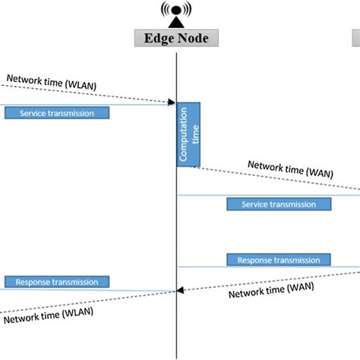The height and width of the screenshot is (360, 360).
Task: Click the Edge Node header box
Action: (176, 38)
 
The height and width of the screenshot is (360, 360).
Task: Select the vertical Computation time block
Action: (188, 133)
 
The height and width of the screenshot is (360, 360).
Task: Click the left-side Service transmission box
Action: (57, 112)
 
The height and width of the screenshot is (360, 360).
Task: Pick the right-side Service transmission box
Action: (279, 204)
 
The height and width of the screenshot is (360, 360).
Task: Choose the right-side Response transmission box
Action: (279, 260)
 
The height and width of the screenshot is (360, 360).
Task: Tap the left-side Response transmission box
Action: (57, 282)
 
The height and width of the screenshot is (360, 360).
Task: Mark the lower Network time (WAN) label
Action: (270, 291)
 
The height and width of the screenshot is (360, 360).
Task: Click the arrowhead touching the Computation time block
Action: (172, 103)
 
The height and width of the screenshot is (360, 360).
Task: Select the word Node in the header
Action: (195, 38)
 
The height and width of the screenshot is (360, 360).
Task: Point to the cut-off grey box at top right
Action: (355, 38)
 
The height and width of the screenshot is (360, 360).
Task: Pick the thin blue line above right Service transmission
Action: (266, 195)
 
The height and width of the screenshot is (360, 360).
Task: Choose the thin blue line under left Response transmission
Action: (84, 290)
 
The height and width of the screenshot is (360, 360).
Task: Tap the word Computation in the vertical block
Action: (183, 141)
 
